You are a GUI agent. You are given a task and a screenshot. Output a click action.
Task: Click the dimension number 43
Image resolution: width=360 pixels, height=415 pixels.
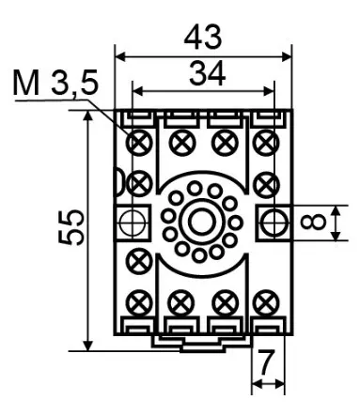point(203,38)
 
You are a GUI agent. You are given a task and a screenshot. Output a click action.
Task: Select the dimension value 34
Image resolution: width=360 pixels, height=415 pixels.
point(207,74)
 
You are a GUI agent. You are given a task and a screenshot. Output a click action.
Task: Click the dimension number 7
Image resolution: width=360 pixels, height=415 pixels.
point(266,362)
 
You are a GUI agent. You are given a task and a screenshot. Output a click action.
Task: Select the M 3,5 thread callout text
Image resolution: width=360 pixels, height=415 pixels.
point(55,84)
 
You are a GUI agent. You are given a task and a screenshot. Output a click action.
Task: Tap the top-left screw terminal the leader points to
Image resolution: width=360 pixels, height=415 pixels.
point(139,143)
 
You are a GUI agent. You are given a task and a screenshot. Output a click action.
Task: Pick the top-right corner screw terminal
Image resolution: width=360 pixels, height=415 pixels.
point(266,143)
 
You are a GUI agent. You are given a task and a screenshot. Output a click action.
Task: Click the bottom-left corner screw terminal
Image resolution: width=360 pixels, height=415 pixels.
point(139,302)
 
